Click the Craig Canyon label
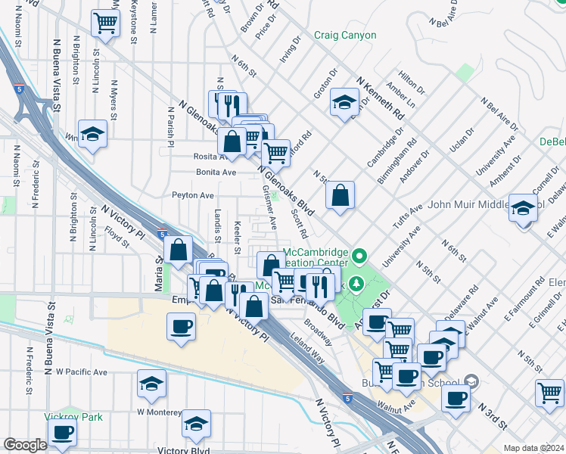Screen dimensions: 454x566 [344, 36]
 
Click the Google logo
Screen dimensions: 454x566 [25, 445]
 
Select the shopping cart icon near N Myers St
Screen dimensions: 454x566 [105, 23]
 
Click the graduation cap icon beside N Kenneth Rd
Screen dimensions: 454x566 [344, 102]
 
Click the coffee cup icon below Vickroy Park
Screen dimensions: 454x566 [63, 433]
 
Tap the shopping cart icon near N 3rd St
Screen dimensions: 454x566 [549, 392]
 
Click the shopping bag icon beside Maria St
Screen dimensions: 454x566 [178, 250]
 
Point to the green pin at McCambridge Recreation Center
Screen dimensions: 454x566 [360, 258]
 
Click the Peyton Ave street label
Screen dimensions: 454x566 [192, 195]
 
